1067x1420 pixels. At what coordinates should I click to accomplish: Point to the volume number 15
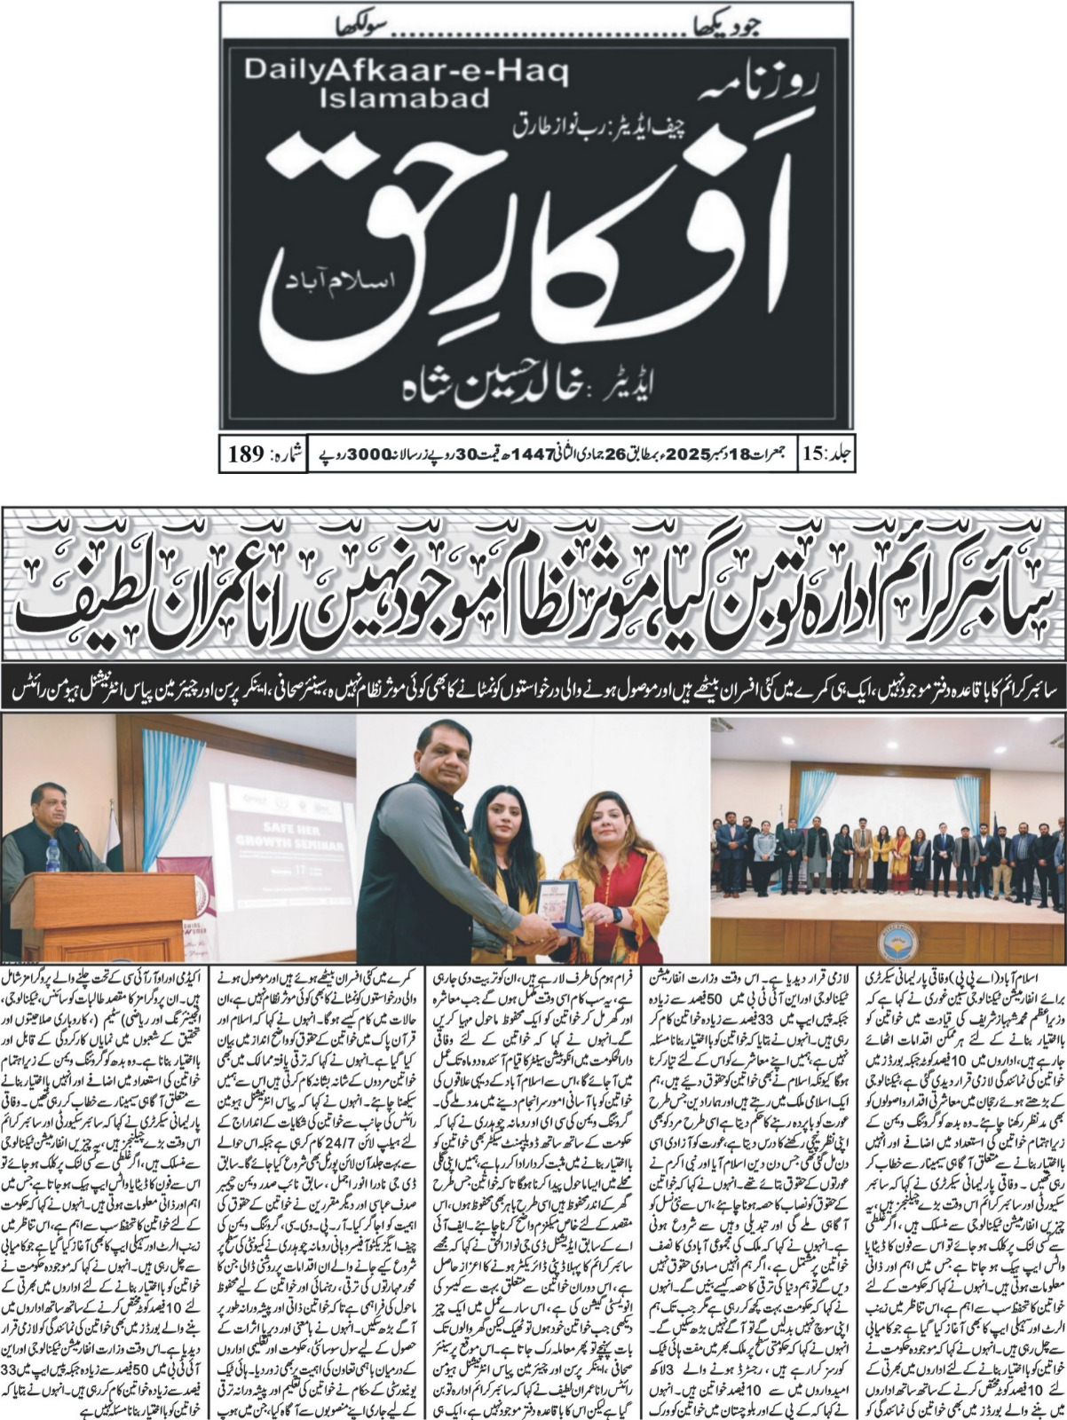click(813, 455)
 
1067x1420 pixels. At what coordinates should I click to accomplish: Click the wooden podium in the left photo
click(107, 914)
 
